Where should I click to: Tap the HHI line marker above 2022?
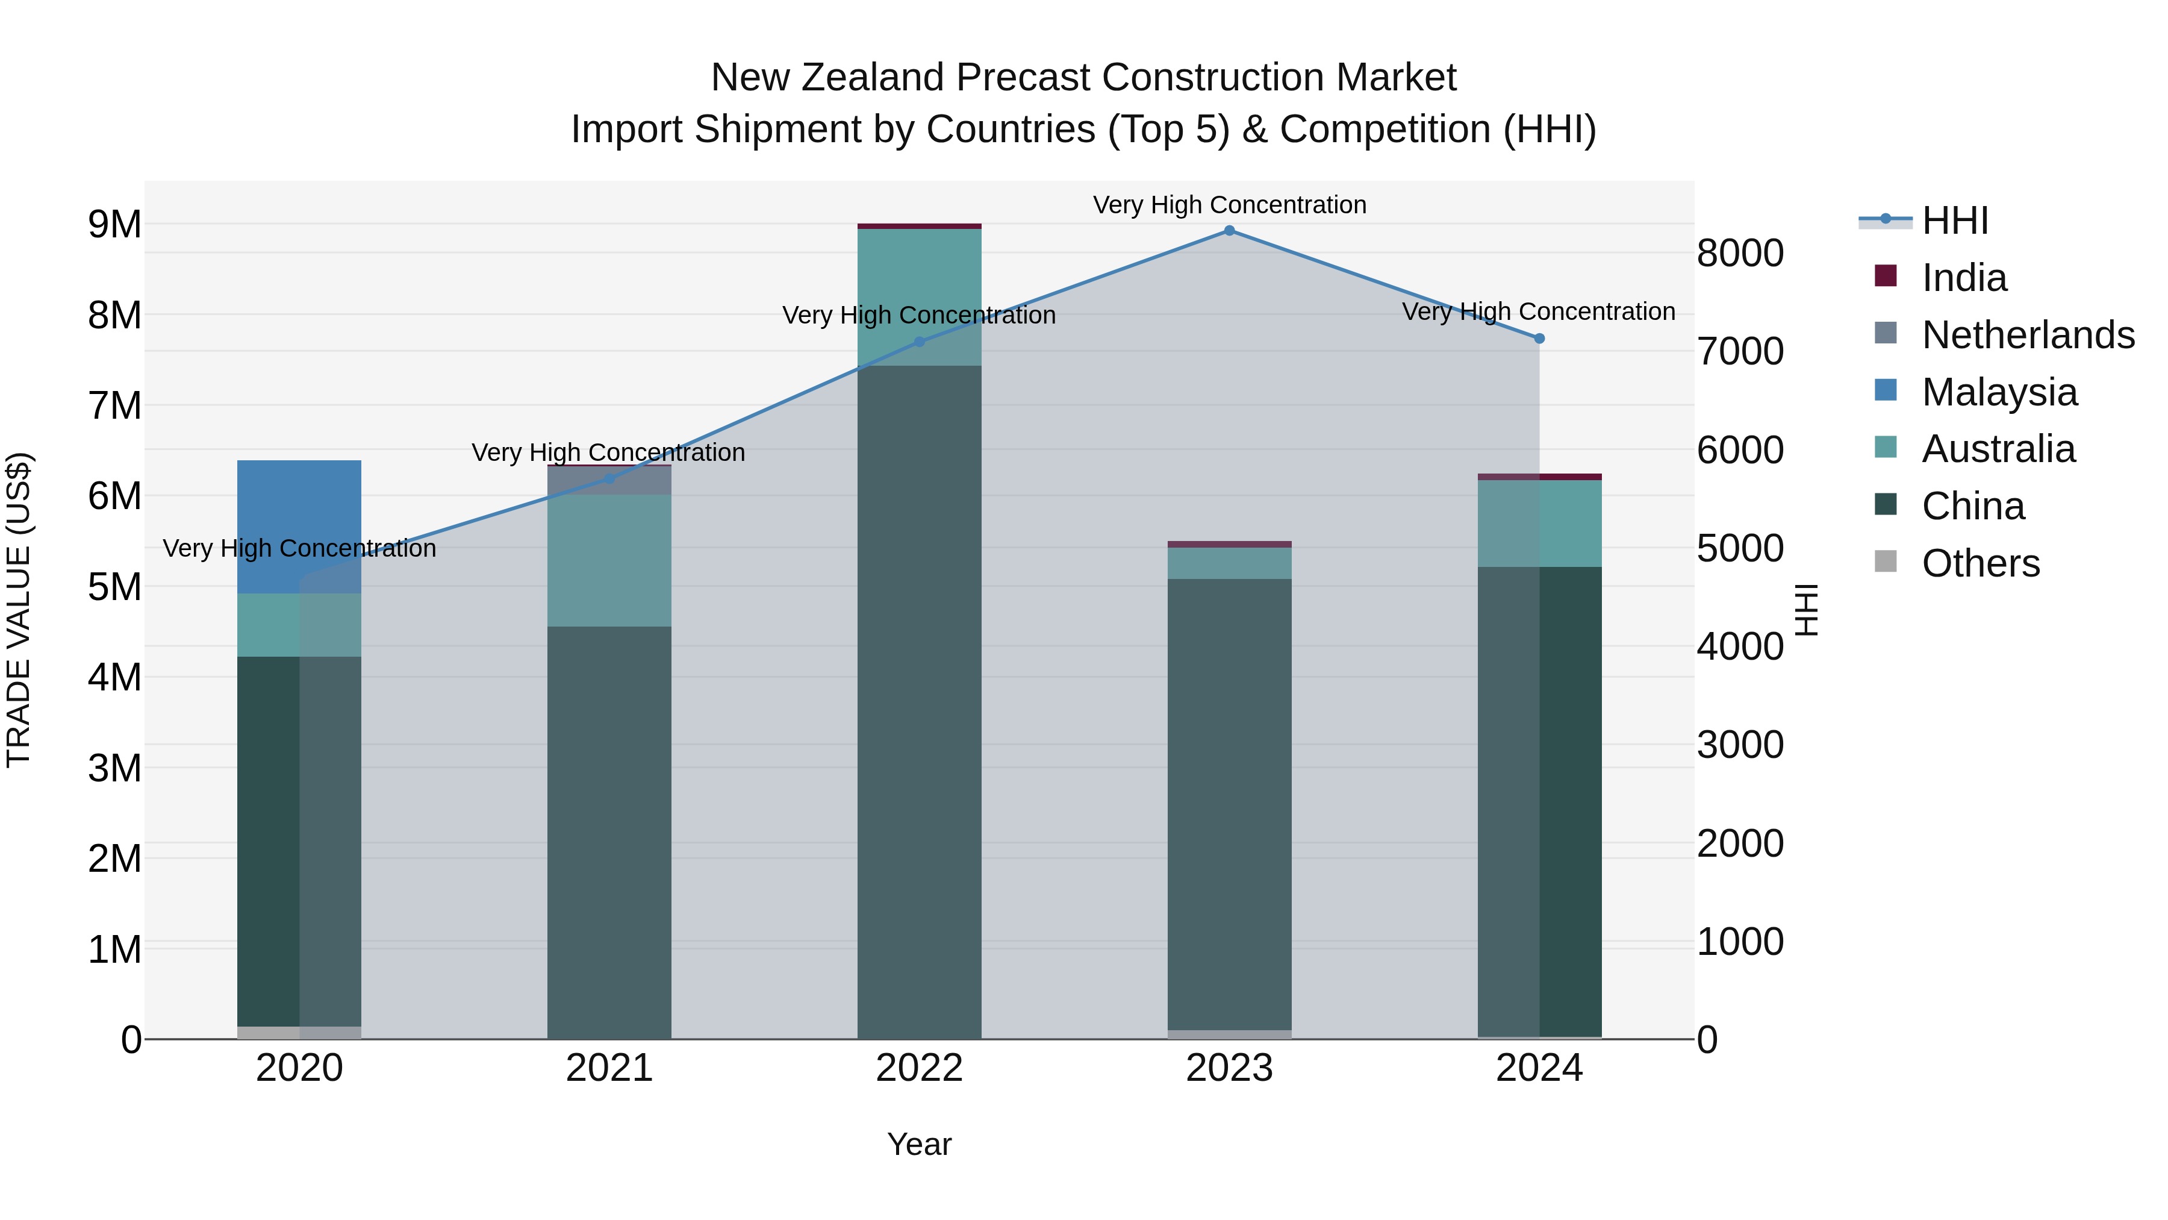(x=919, y=342)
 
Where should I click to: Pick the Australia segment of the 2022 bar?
(x=919, y=296)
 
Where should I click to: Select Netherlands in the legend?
(x=2026, y=335)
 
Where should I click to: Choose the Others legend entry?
(x=1980, y=563)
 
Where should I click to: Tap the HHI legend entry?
(x=1954, y=221)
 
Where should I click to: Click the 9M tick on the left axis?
(x=114, y=225)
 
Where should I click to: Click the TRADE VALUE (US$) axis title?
(x=19, y=610)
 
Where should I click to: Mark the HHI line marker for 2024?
(x=1539, y=339)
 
